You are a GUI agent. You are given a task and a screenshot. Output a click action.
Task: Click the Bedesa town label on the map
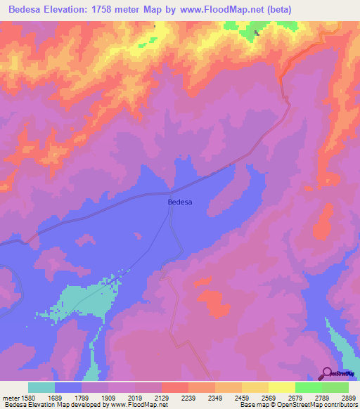(x=181, y=202)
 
